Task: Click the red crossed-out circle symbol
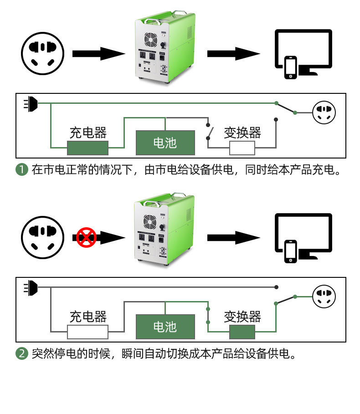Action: coord(86,237)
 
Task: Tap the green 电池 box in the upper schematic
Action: coord(165,143)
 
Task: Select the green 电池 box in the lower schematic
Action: coord(165,327)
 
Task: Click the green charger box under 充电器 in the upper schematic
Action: coord(87,148)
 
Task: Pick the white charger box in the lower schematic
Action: coord(87,332)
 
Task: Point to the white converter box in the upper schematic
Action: coord(242,148)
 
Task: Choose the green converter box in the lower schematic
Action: coord(242,332)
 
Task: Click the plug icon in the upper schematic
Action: coord(31,104)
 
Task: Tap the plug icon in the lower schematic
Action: coord(31,288)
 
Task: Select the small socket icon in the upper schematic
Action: coord(324,112)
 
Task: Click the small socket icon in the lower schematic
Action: coord(324,296)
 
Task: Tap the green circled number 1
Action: coord(22,169)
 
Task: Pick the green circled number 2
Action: coord(22,353)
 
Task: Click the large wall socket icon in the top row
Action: coord(42,54)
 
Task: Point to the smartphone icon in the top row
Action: coord(291,67)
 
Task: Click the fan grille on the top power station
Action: coord(150,40)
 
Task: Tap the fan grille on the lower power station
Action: coord(150,222)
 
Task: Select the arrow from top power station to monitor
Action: coord(233,54)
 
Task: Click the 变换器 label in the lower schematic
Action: coord(242,317)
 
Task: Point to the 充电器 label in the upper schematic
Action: coord(88,133)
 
